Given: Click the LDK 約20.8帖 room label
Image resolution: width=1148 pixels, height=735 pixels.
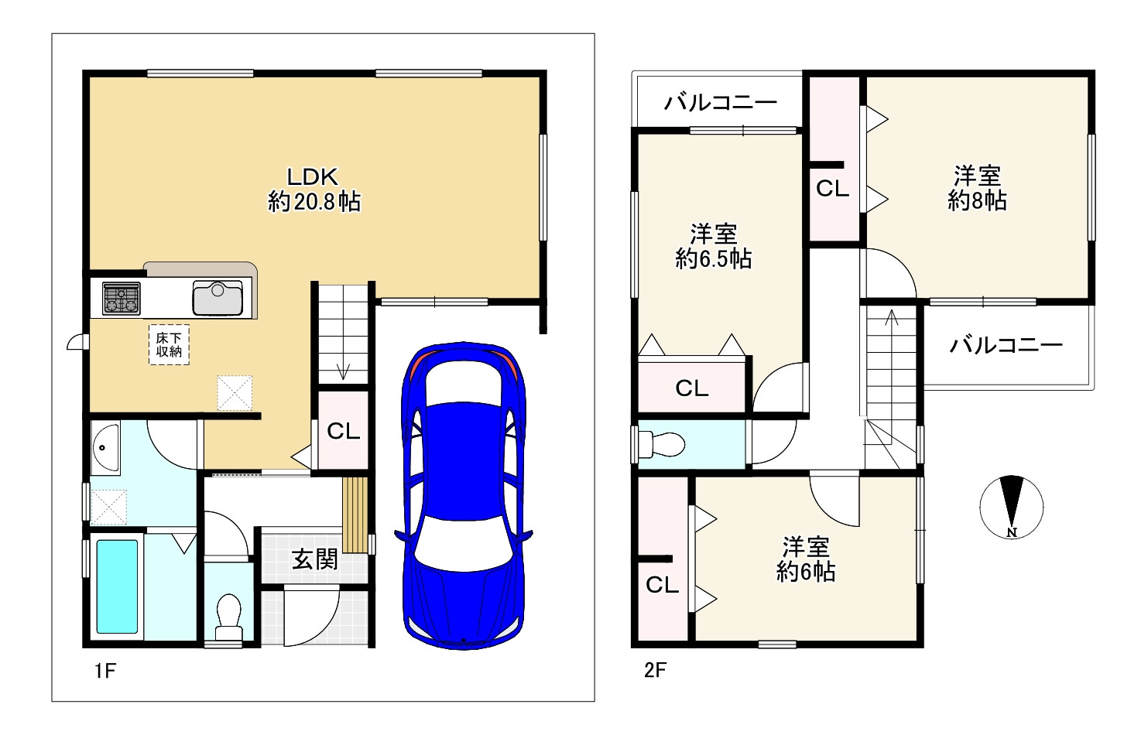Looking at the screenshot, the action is tap(314, 190).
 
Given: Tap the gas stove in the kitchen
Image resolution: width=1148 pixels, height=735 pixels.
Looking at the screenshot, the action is tap(122, 298).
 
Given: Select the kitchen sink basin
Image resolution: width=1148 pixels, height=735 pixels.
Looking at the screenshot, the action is tap(218, 298).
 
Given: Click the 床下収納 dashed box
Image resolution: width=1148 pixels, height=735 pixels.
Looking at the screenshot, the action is tap(169, 345).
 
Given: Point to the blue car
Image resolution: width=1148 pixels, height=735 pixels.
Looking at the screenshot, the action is tap(463, 496).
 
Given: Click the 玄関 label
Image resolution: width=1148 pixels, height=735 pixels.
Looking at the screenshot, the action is tap(315, 559).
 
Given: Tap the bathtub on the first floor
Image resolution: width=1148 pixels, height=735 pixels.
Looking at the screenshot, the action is tap(118, 587).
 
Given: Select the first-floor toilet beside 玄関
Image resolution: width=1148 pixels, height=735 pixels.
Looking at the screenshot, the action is tap(228, 617).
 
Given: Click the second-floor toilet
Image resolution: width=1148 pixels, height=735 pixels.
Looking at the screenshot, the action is tap(662, 444).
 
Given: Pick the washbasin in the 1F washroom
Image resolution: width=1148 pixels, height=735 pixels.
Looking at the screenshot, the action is tap(105, 447).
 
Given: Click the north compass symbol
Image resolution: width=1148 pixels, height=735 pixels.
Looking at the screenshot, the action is tap(1011, 507).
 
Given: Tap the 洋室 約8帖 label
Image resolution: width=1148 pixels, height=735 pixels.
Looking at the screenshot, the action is tap(977, 189).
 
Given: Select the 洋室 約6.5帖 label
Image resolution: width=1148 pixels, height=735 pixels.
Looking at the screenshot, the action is tap(714, 247).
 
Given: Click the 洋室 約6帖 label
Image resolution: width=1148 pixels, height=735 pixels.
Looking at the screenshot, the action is tap(806, 559).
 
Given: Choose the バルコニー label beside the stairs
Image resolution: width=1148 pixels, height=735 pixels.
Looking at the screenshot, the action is tap(1006, 346).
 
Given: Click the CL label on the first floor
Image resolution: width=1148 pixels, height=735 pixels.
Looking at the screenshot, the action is tap(344, 431).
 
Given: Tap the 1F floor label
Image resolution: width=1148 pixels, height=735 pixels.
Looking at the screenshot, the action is tap(105, 670).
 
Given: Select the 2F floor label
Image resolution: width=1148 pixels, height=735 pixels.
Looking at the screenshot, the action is tap(655, 670).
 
